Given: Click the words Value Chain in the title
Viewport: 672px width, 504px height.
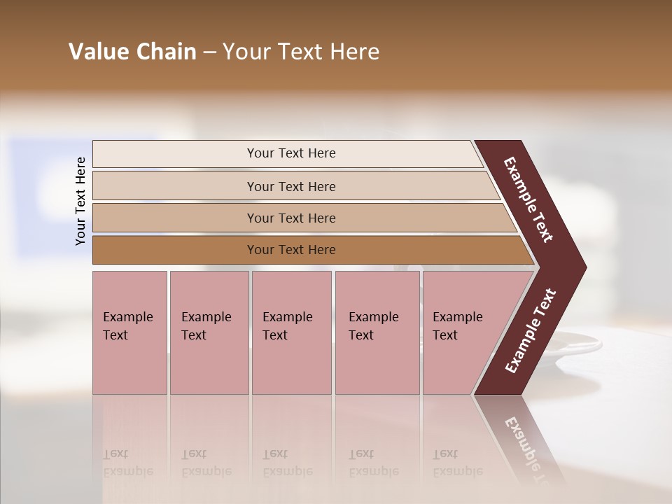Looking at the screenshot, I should click(x=132, y=52).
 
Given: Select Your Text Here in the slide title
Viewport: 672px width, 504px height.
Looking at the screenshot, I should click(x=301, y=52).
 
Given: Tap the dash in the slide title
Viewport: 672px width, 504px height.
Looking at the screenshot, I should click(x=209, y=52).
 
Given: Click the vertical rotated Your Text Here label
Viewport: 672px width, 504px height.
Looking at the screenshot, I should click(x=80, y=201).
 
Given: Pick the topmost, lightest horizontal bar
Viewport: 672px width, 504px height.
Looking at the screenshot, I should click(x=290, y=153).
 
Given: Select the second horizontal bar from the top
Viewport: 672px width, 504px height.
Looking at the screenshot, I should click(x=290, y=186).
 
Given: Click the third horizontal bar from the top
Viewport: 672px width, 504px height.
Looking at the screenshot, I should click(x=290, y=218).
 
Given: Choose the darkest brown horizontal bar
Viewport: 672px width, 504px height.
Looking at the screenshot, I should click(x=290, y=250).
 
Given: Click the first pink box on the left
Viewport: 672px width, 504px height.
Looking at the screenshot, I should click(x=129, y=332).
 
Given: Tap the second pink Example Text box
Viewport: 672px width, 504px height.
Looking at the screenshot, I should click(x=209, y=332).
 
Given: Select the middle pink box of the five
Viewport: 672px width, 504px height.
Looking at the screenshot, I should click(x=291, y=332).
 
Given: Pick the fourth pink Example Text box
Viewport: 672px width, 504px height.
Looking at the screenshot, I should click(x=377, y=332).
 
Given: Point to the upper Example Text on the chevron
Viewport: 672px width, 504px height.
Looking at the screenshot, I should click(x=528, y=199).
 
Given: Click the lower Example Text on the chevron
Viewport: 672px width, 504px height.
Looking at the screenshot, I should click(x=531, y=331).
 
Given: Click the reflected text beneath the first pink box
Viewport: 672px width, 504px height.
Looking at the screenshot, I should click(x=127, y=463).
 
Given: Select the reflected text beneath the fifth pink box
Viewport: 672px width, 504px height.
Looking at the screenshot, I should click(x=457, y=463).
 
